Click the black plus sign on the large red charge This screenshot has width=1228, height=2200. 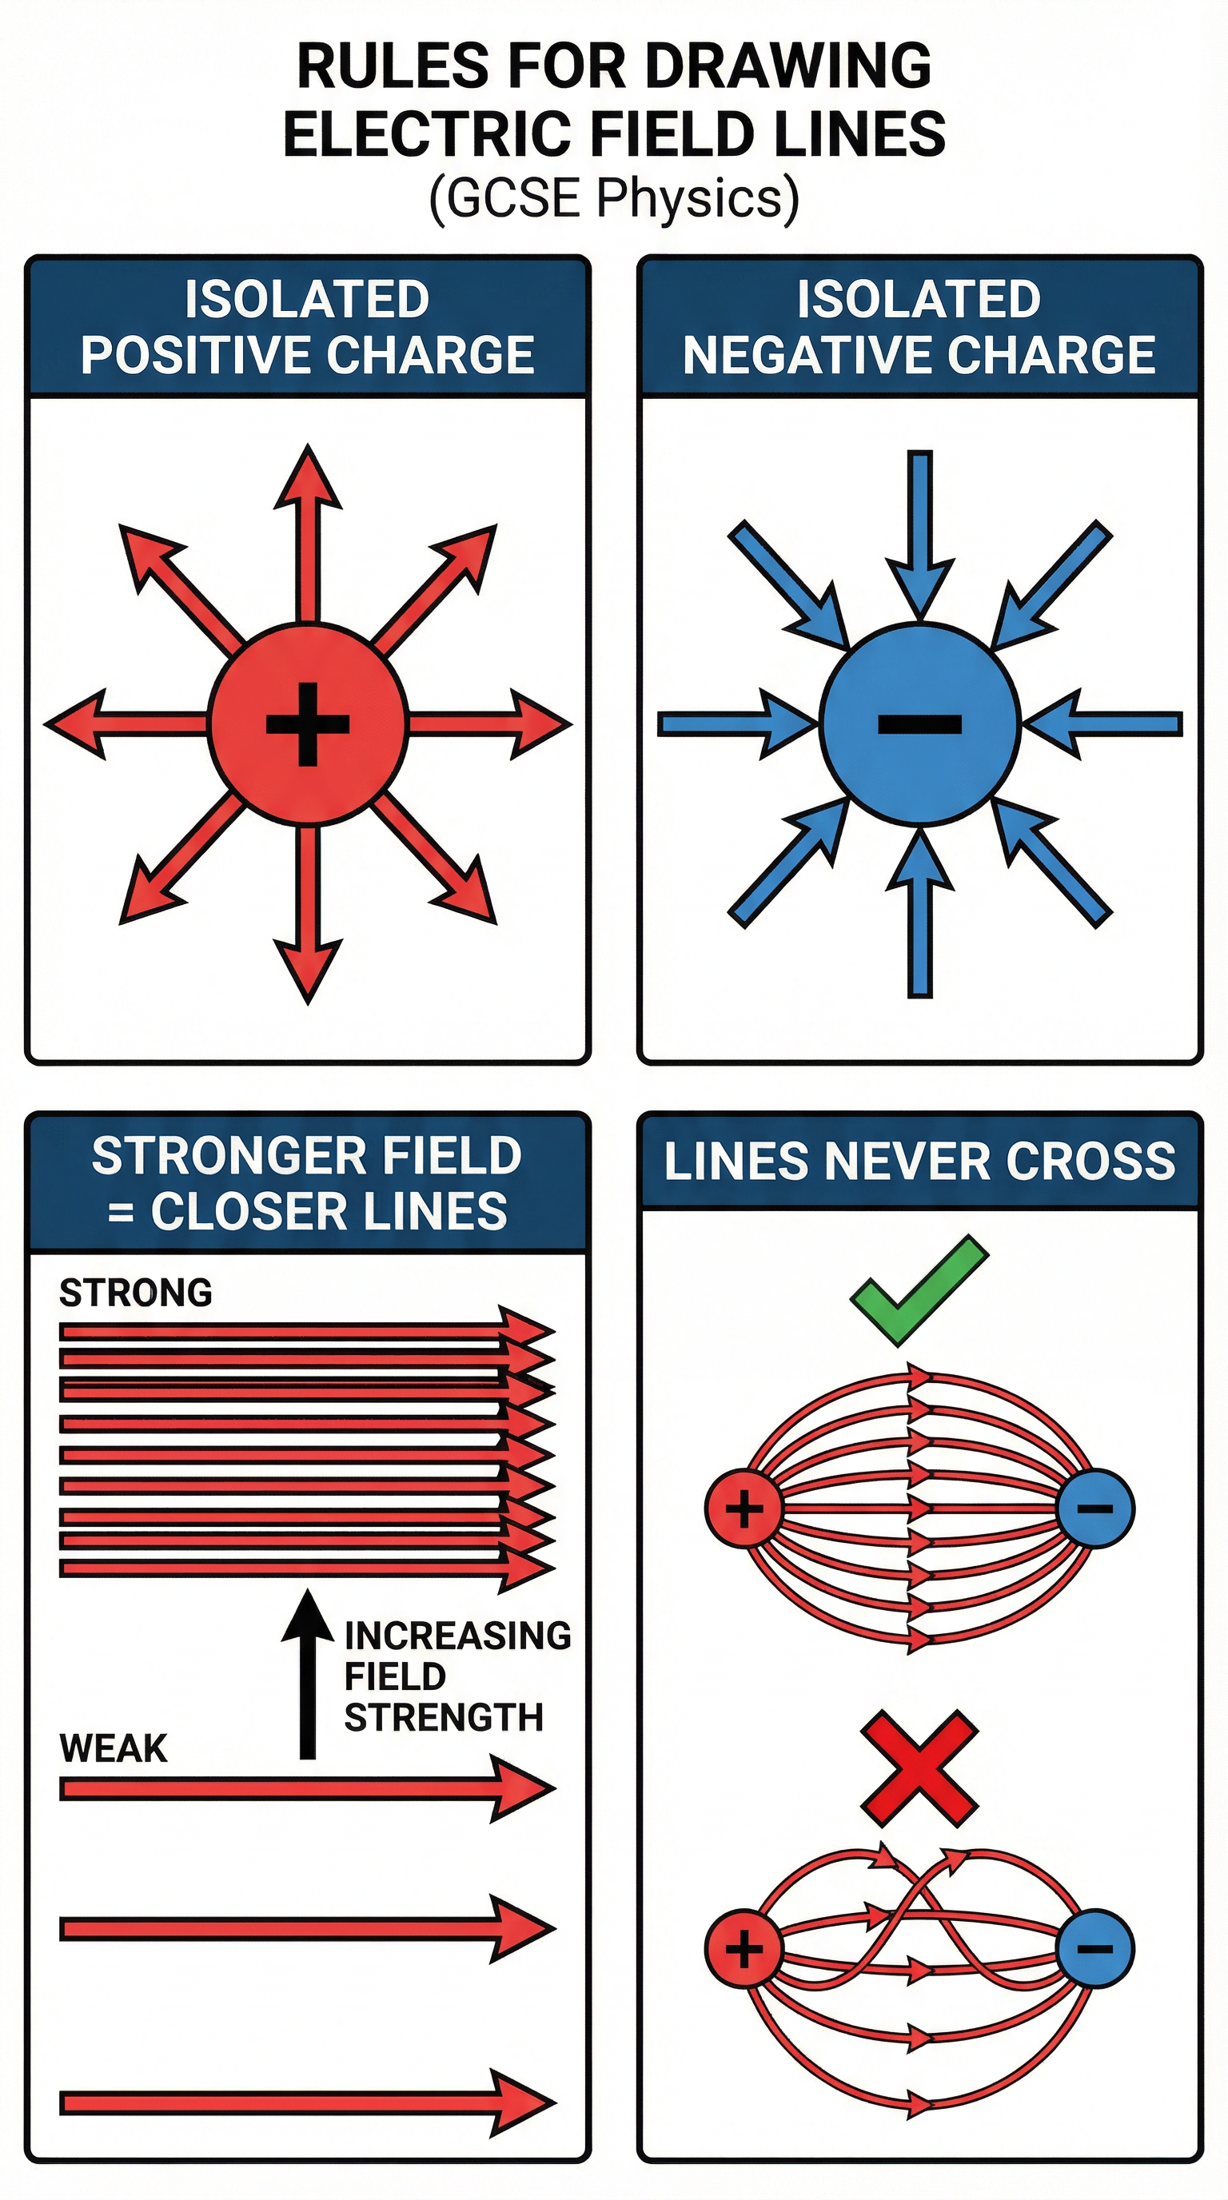(x=308, y=724)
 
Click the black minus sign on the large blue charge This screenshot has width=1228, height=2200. (x=919, y=724)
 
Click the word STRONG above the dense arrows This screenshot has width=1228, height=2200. (x=135, y=1293)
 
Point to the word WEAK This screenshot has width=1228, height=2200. (x=113, y=1748)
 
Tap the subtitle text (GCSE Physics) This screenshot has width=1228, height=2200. (x=613, y=198)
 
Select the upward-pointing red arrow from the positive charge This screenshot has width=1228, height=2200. (x=308, y=529)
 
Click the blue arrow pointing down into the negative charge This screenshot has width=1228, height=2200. (x=919, y=529)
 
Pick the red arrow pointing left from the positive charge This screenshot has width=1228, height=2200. (x=124, y=724)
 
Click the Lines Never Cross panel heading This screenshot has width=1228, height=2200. (x=919, y=1162)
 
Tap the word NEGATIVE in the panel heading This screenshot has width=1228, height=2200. (x=807, y=355)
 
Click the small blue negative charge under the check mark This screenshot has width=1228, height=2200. (x=1094, y=1509)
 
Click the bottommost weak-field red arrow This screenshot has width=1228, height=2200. (x=308, y=2102)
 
